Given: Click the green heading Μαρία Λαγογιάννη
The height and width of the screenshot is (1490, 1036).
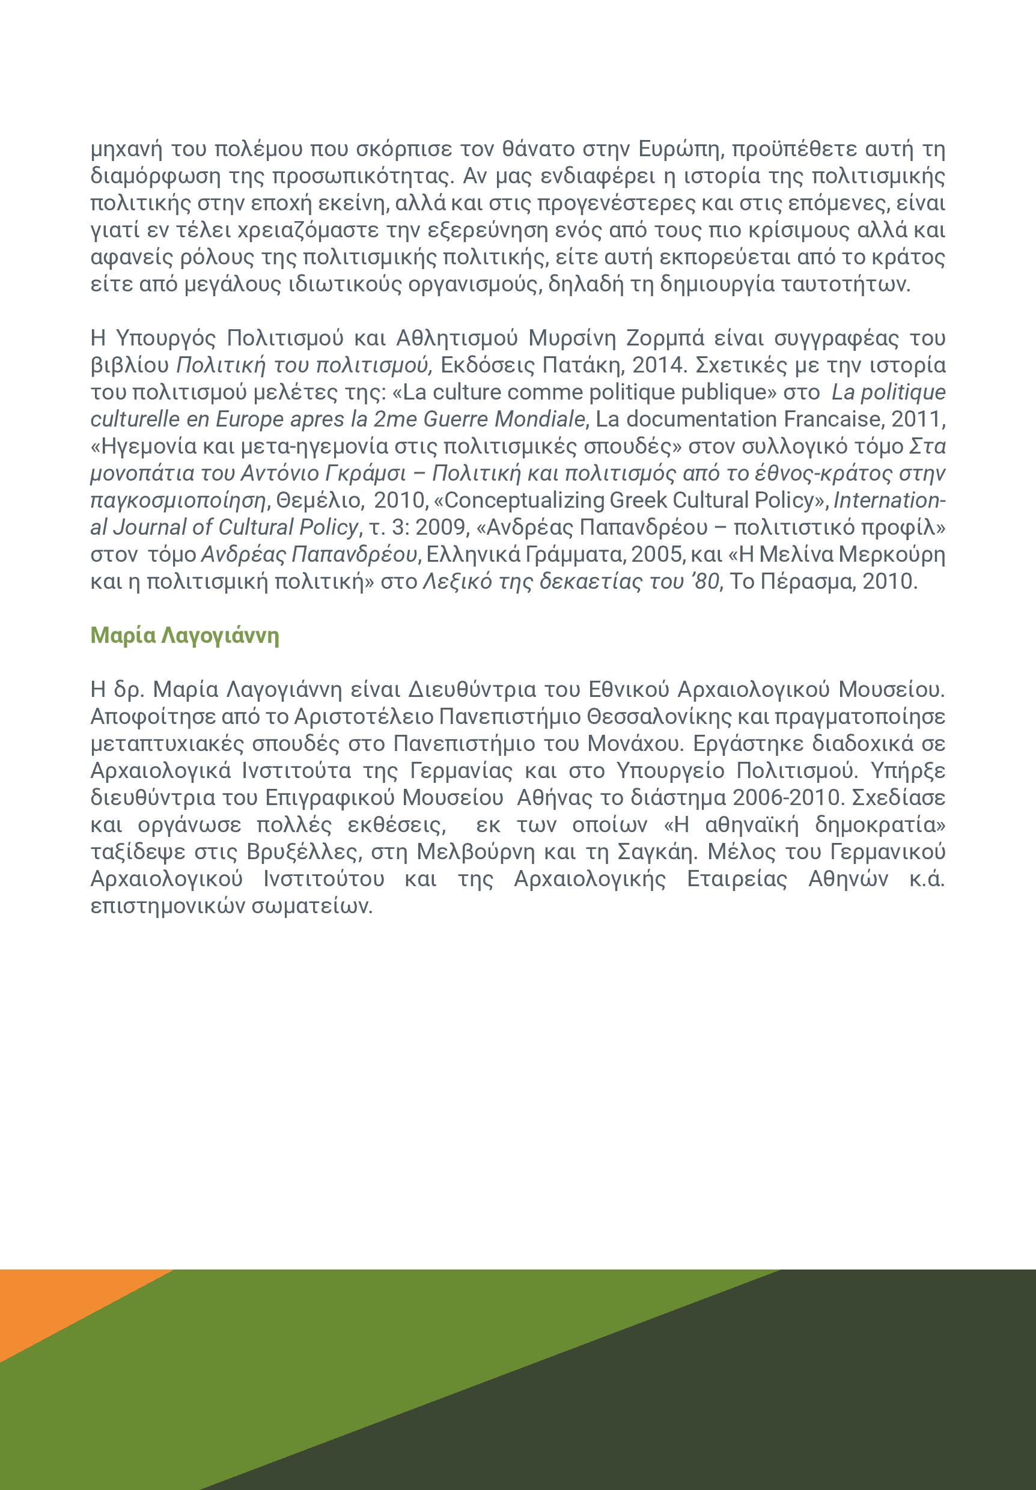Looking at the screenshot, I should click(x=185, y=635).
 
